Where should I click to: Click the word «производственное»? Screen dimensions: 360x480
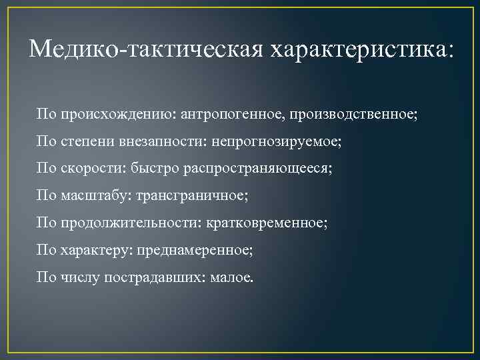click(x=351, y=114)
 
